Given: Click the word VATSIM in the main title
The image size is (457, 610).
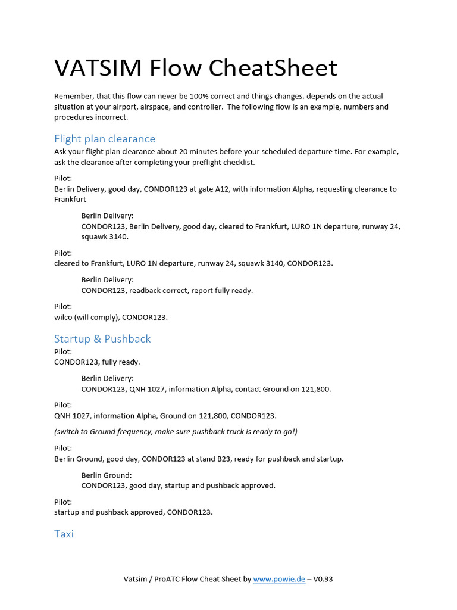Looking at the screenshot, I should pyautogui.click(x=98, y=68).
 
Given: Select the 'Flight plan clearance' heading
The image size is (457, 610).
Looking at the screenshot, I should pyautogui.click(x=105, y=139).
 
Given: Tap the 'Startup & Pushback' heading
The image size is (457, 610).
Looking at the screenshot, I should pyautogui.click(x=102, y=339).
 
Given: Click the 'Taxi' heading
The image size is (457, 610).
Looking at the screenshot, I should pyautogui.click(x=64, y=534).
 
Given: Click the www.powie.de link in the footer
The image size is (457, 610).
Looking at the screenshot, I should pyautogui.click(x=279, y=579).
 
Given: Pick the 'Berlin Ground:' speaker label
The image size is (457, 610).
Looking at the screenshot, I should pyautogui.click(x=107, y=475).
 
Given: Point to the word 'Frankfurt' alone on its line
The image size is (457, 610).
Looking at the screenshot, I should pyautogui.click(x=70, y=200).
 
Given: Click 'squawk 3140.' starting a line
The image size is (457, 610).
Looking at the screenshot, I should pyautogui.click(x=105, y=236).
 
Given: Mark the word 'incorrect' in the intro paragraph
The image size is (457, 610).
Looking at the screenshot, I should pyautogui.click(x=110, y=117).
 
